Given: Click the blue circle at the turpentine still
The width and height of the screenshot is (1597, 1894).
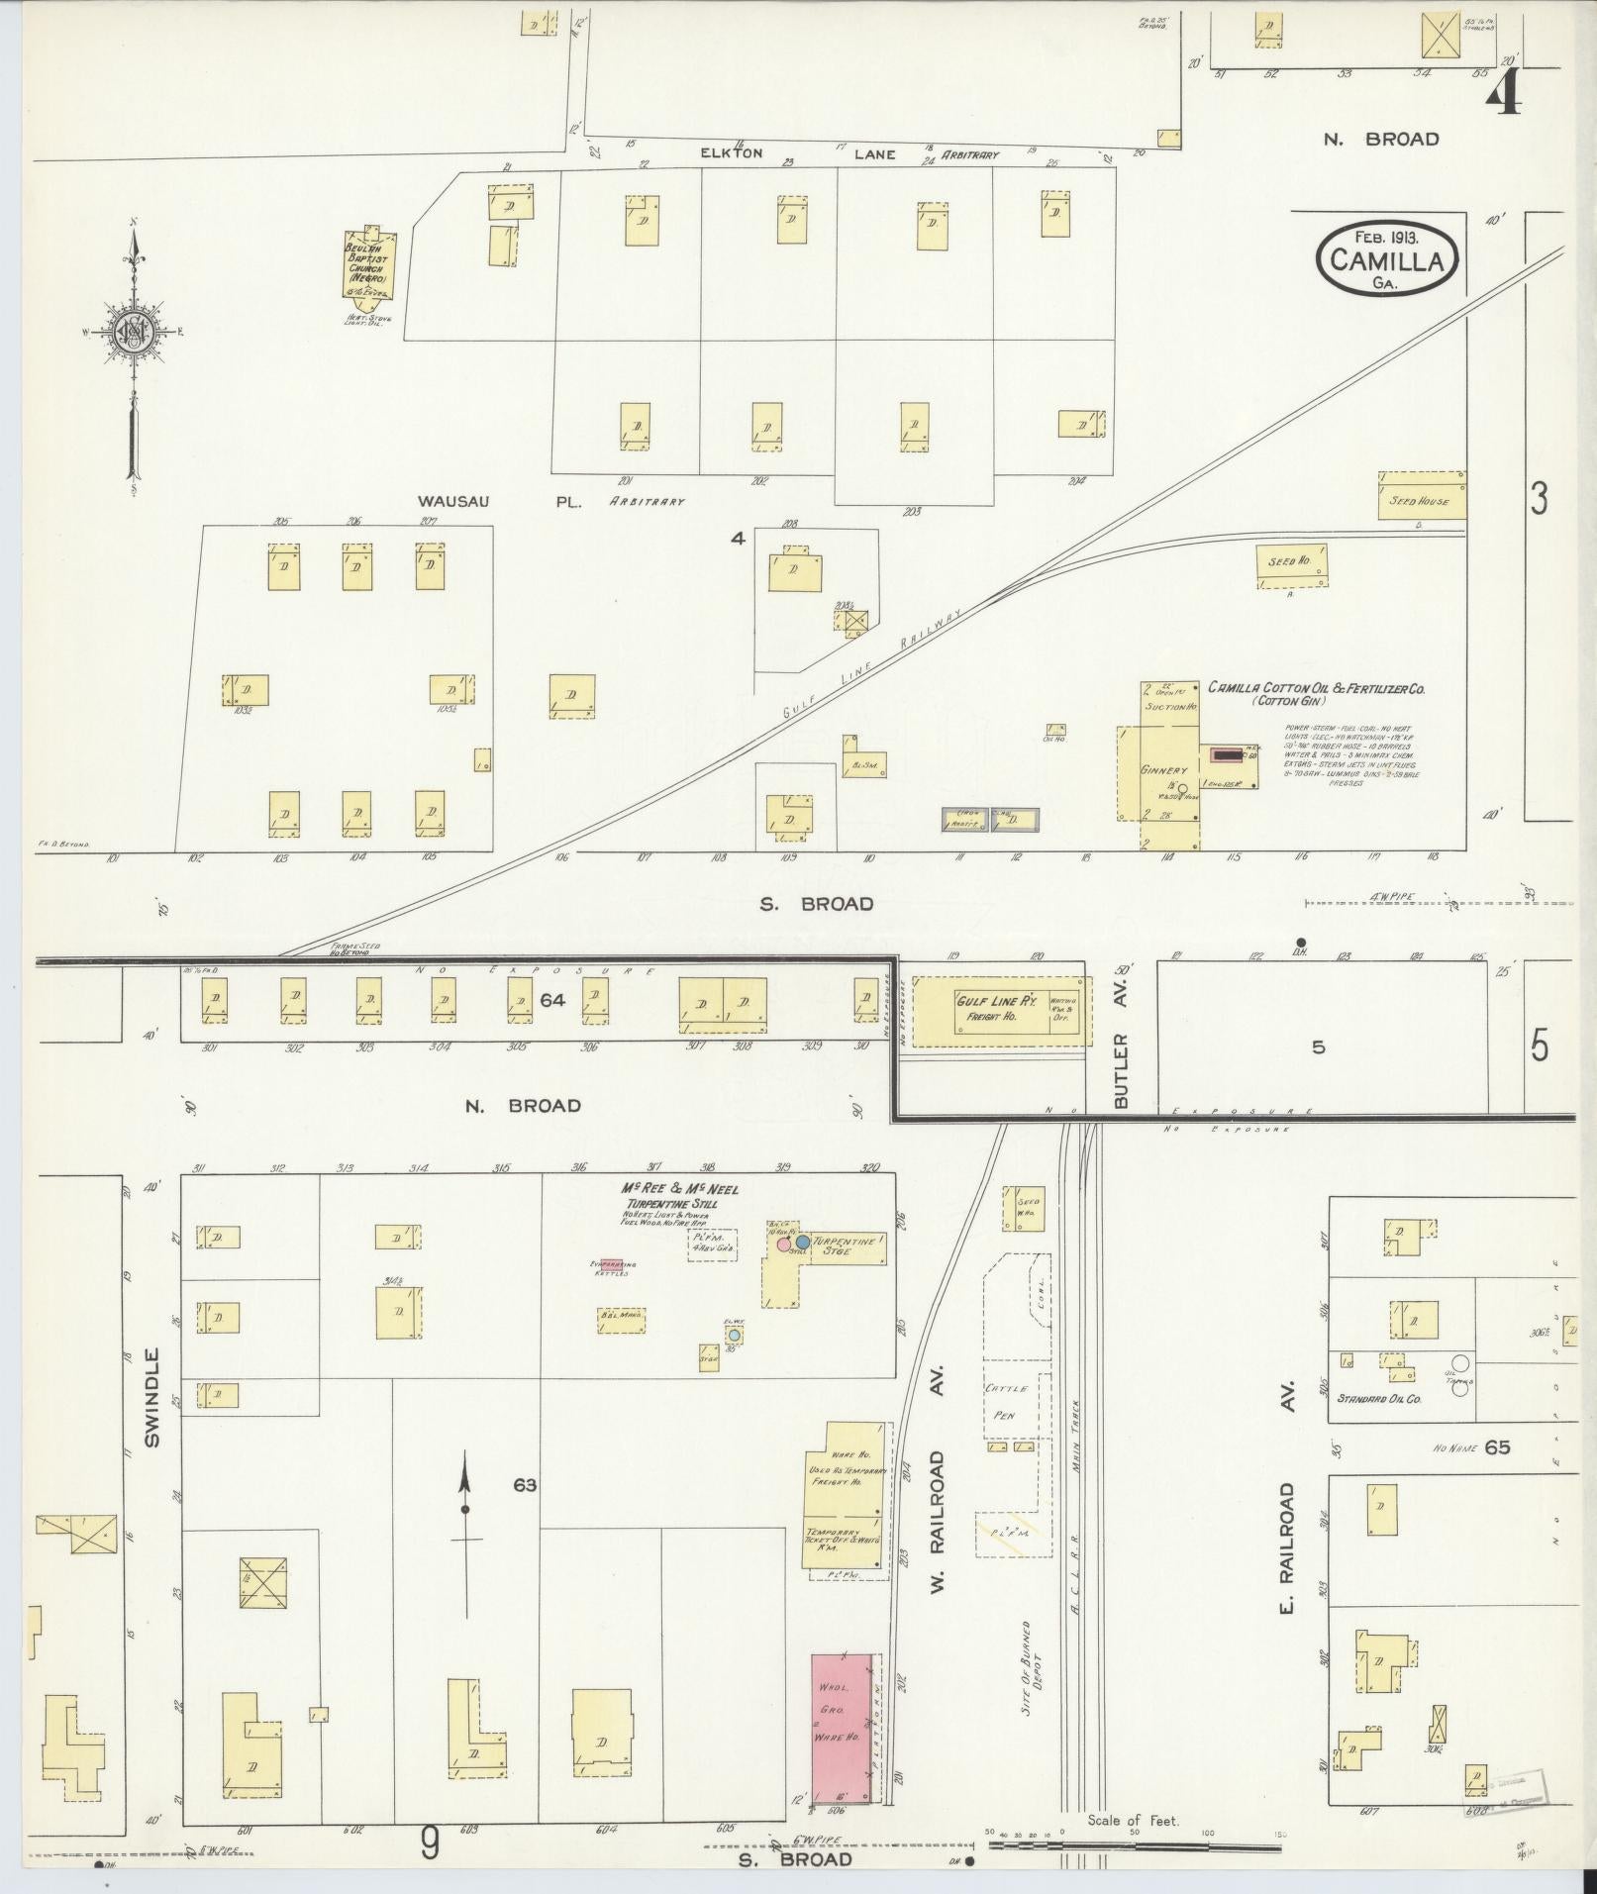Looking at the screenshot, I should click(803, 1242).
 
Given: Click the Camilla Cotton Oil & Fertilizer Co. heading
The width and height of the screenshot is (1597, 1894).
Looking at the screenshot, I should click(1315, 687).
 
